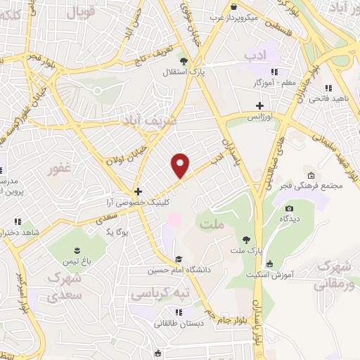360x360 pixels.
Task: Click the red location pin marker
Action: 181,165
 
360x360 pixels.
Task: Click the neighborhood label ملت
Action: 211,225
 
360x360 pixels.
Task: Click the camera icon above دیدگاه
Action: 288,208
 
